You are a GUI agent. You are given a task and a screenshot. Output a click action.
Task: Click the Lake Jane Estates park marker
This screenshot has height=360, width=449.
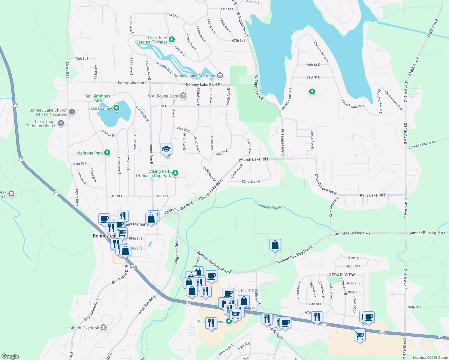pos(172,39)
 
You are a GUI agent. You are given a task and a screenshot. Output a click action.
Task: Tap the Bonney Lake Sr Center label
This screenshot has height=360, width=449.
pos(194,76)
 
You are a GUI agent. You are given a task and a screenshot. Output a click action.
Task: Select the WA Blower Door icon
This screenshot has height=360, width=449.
pos(183,96)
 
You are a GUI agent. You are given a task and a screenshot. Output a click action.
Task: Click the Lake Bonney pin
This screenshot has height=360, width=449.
pos(116,108)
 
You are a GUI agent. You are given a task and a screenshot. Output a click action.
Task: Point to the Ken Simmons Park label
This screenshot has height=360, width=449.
pos(97,98)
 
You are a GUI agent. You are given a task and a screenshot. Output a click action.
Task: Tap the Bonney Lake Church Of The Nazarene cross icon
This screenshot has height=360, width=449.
pos(72,112)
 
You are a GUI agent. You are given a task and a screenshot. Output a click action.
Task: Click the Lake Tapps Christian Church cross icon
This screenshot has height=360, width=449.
pos(61,123)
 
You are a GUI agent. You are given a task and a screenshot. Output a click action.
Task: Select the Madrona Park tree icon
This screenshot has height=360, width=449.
pos(107,153)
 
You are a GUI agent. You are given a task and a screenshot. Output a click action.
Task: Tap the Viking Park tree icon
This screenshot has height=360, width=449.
pos(175,173)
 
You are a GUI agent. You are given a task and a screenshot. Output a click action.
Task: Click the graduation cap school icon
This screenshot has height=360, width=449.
pos(166,149)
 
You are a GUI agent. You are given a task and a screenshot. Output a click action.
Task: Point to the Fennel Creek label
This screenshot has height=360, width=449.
pos(270,207)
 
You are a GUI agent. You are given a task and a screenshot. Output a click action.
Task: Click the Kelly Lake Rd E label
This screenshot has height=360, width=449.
pos(373,195)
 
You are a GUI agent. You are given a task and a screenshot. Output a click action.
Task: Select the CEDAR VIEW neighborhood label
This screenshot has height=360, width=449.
pos(342,275)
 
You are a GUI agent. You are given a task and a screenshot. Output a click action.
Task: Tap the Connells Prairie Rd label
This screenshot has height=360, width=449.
pos(422,144)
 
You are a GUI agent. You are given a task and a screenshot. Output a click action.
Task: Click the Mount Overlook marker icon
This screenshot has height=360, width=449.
pos(104,327)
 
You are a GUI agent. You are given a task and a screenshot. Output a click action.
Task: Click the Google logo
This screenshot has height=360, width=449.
pos(10,356)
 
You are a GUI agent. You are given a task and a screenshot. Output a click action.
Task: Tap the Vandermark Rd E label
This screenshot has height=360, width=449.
pos(393,100)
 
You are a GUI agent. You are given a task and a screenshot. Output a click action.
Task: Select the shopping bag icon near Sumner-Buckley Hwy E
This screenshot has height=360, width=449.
pos(275,245)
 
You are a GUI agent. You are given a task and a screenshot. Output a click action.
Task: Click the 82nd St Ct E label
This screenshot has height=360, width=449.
pos(251,182)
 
